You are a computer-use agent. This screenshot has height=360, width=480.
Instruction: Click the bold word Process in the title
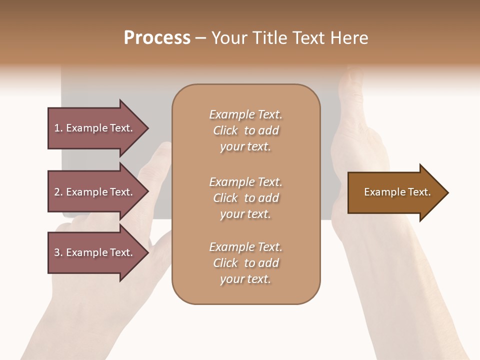[x=157, y=38]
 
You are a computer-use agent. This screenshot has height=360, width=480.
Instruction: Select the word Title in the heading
[x=270, y=38]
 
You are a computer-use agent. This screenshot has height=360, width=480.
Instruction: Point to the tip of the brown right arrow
[x=446, y=192]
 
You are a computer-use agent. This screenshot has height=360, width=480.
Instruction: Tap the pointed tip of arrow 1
[x=147, y=128]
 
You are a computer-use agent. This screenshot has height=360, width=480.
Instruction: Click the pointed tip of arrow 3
[x=147, y=252]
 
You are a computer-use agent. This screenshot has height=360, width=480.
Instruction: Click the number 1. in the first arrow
[x=58, y=128]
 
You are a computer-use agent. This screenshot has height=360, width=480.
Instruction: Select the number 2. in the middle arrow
[x=58, y=192]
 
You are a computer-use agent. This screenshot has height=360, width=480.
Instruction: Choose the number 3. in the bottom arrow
[x=58, y=252]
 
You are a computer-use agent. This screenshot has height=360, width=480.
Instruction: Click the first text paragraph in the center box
[x=245, y=130]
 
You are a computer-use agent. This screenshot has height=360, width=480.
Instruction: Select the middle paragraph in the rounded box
[x=245, y=198]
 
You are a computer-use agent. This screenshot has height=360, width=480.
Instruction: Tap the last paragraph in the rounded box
[x=245, y=263]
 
